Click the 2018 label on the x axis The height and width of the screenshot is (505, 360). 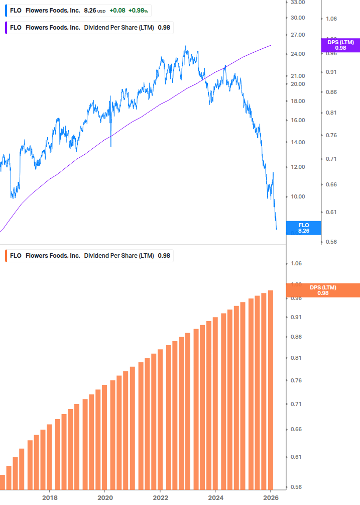click(49, 497)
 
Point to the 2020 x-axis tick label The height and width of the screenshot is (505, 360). click(104, 497)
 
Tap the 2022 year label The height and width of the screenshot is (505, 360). click(160, 497)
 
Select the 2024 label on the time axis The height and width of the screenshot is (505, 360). click(215, 497)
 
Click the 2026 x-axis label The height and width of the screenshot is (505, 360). click(270, 497)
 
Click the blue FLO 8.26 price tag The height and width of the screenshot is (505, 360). click(303, 228)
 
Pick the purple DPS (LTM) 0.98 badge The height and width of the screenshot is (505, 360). click(340, 45)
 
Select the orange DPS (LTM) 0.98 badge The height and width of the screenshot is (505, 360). click(323, 290)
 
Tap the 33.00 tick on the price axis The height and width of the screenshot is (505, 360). click(298, 2)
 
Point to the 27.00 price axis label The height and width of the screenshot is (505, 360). click(298, 35)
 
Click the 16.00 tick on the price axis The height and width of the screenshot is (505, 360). click(298, 120)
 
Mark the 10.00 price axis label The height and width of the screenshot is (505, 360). click(298, 196)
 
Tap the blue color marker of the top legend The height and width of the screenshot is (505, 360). click(6, 10)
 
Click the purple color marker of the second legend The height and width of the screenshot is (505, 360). click(6, 28)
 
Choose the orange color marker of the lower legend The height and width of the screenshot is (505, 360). click(6, 255)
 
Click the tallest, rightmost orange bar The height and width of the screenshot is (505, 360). click(270, 389)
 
